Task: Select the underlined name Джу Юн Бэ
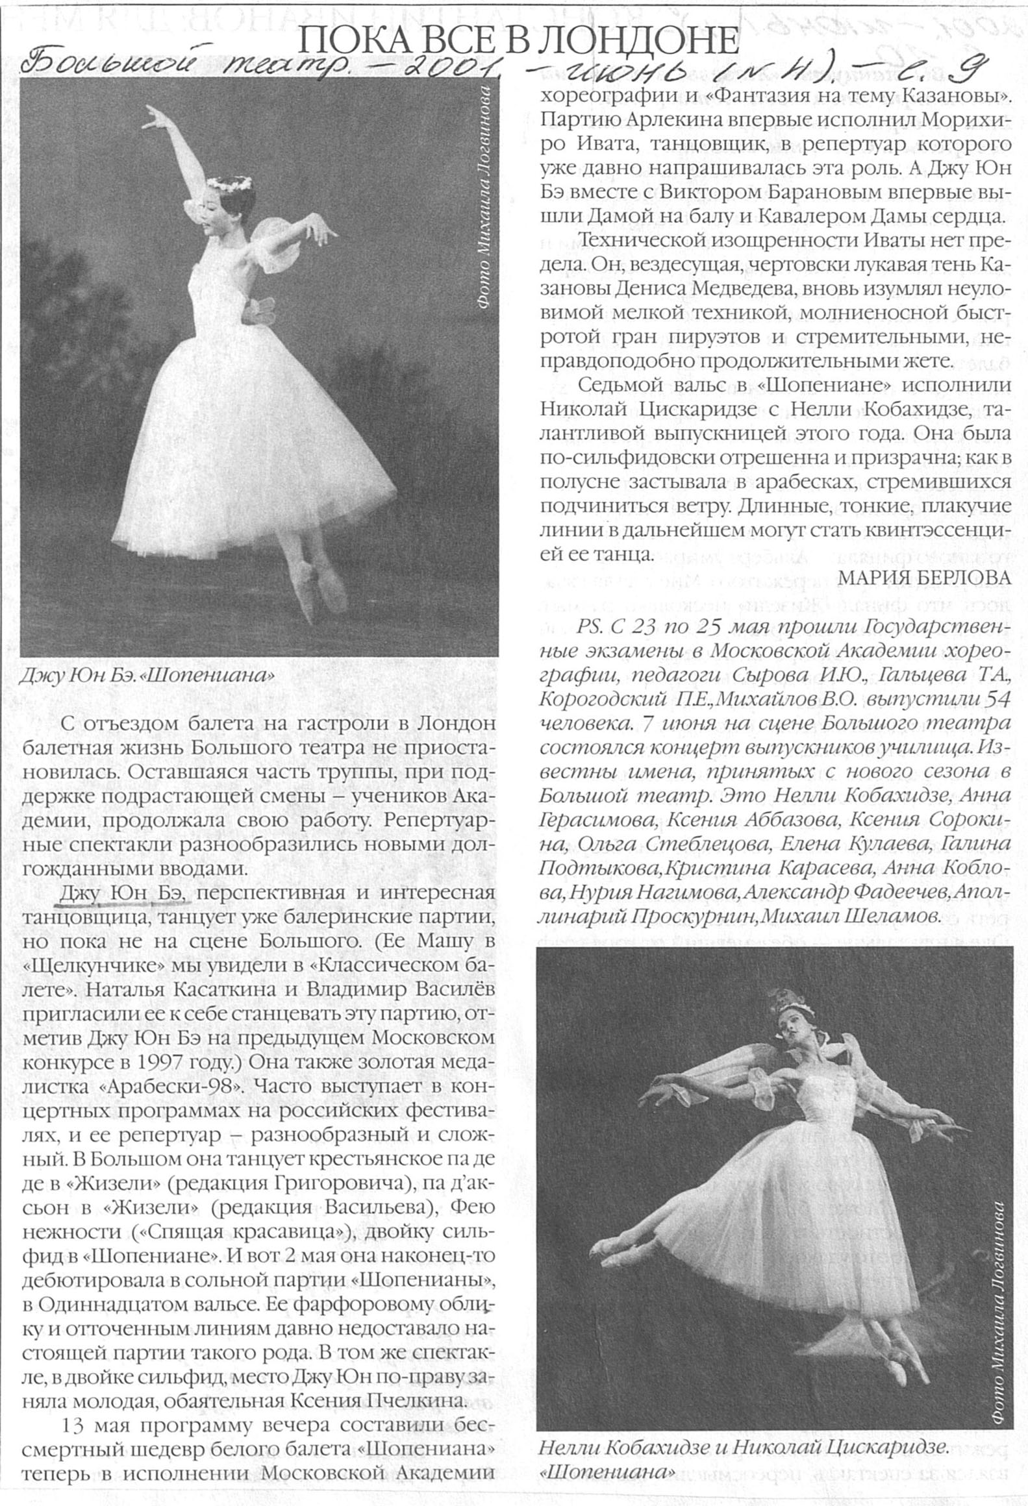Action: [124, 894]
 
